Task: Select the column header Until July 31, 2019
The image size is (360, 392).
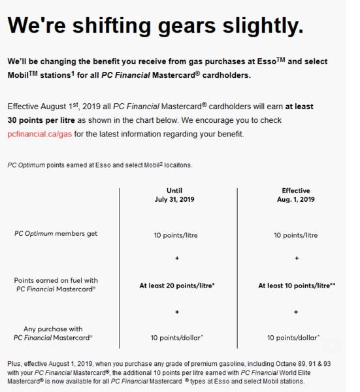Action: tap(177, 195)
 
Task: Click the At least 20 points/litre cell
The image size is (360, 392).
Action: tap(177, 286)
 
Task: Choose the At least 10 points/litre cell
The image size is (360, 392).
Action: tap(296, 286)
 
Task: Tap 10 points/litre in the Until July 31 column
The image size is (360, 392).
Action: tap(177, 235)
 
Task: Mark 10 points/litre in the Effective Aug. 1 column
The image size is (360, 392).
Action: tap(296, 235)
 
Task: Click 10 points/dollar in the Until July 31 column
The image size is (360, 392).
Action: tap(177, 338)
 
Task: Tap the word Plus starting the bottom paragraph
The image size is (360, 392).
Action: tap(15, 362)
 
